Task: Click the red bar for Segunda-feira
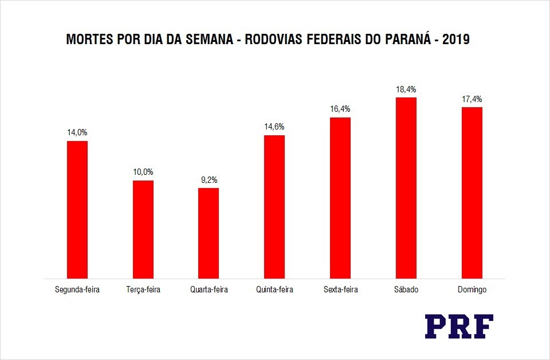pyautogui.click(x=77, y=209)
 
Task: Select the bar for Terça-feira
pyautogui.click(x=143, y=229)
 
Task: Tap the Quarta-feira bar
pyautogui.click(x=209, y=233)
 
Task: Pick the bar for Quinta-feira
pyautogui.click(x=274, y=206)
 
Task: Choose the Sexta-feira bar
pyautogui.click(x=340, y=198)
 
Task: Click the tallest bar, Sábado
pyautogui.click(x=406, y=187)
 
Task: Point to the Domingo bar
pyautogui.click(x=472, y=193)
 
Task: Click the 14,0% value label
pyautogui.click(x=77, y=132)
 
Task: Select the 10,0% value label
pyautogui.click(x=143, y=172)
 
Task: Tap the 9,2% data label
pyautogui.click(x=209, y=179)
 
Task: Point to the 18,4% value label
pyautogui.click(x=406, y=89)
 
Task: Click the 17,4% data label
pyautogui.click(x=472, y=99)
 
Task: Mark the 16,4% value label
pyautogui.click(x=340, y=109)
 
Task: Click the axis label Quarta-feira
pyautogui.click(x=209, y=289)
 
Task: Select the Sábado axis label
pyautogui.click(x=406, y=289)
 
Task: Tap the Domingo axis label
pyautogui.click(x=472, y=289)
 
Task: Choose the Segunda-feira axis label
pyautogui.click(x=77, y=289)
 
